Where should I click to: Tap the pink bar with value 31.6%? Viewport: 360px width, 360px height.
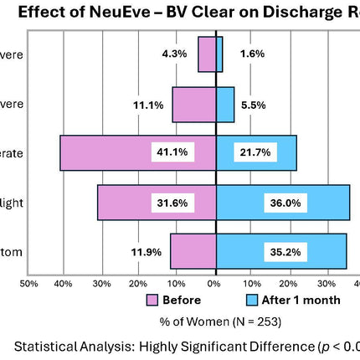(126, 202)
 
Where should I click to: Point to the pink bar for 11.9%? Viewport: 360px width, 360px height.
(184, 250)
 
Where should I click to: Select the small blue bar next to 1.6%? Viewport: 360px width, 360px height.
(219, 54)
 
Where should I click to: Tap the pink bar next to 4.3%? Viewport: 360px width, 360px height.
(207, 54)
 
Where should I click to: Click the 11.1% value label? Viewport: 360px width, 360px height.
(146, 105)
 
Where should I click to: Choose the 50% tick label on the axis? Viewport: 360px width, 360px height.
(28, 285)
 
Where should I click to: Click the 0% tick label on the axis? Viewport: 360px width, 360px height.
(214, 285)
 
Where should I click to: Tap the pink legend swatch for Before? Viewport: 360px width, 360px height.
(152, 301)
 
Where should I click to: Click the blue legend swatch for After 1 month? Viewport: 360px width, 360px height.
(251, 301)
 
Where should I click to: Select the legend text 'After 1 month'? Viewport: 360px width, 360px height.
(301, 301)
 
